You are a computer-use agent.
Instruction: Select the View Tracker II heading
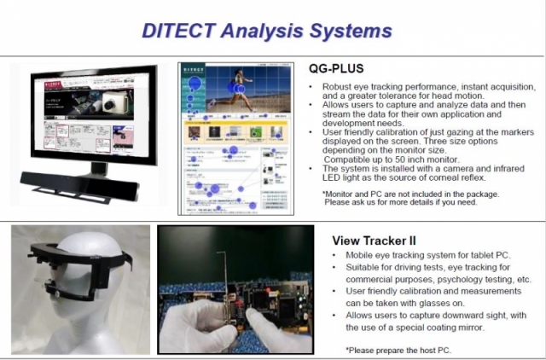(x=374, y=241)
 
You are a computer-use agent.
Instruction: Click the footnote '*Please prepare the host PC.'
(x=399, y=351)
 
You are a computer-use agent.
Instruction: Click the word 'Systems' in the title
(x=357, y=31)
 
